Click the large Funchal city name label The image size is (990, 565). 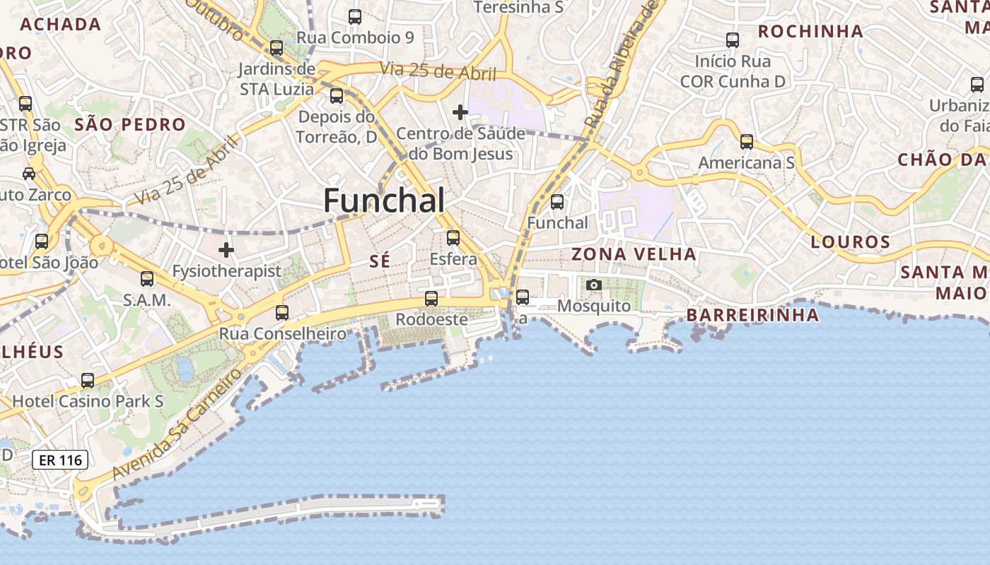point(384,201)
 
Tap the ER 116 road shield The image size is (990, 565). point(60,460)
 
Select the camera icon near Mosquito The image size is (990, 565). point(594,285)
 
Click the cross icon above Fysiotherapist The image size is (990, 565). point(226,250)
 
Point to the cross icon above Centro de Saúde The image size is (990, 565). point(460,112)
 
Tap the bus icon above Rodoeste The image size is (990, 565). point(431,299)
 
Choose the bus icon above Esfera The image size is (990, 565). point(453,238)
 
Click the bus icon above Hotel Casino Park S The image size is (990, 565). point(88,381)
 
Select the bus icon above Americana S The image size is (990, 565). point(746,142)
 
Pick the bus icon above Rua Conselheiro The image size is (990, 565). point(282,312)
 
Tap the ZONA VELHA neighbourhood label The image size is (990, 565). point(634,254)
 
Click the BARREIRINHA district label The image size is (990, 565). point(752,315)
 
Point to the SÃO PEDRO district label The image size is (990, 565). point(130,125)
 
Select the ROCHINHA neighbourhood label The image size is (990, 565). point(810,31)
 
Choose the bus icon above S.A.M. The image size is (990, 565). point(147,279)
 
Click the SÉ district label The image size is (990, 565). point(380,261)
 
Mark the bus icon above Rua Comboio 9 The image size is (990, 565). point(355,16)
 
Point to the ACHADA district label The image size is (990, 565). point(61,25)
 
